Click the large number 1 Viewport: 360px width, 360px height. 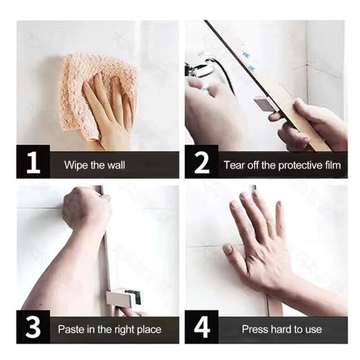[x=33, y=163]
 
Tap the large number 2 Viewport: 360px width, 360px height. [x=202, y=163]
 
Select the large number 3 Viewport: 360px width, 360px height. [x=33, y=328]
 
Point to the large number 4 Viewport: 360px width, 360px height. [x=202, y=328]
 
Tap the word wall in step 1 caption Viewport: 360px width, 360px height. [x=116, y=165]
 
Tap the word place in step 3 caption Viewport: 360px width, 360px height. [x=149, y=330]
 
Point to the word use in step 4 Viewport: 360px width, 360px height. [x=314, y=330]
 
